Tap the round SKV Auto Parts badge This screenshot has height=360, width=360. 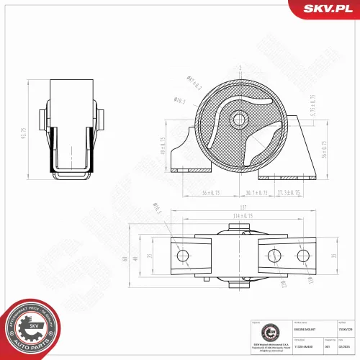[31, 325]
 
